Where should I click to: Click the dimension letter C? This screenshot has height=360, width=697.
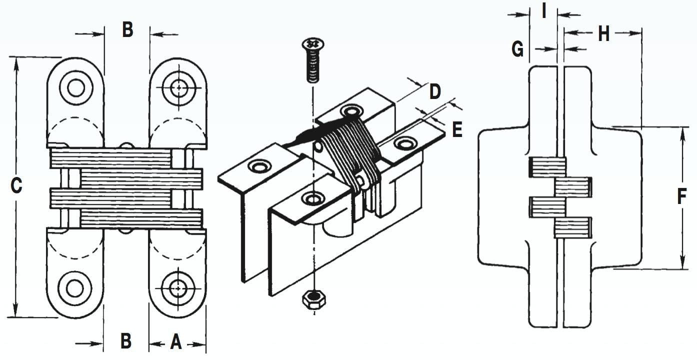pos(16,186)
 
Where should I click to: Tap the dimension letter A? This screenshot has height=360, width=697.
pos(176,342)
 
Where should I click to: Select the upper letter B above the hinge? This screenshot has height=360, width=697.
pos(127,30)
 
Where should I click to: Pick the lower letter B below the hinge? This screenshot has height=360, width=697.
pos(126,341)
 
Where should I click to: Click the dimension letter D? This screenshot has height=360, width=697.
pos(435,91)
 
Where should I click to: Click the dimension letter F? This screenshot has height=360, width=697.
pos(681,196)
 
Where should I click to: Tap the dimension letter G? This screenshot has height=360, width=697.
pos(518,49)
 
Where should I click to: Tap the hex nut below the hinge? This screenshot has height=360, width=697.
pos(313,299)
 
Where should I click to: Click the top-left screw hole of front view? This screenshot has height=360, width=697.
pos(76,88)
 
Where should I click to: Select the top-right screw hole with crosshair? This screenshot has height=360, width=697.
pos(178,88)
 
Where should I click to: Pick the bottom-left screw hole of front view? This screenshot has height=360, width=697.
pos(75,288)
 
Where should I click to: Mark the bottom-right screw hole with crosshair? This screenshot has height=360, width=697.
pos(177,288)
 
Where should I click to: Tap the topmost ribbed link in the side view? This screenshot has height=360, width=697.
pos(547,167)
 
